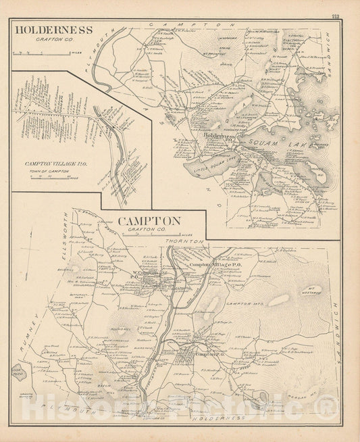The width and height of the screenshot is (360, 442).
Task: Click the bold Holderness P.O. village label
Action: (218, 136)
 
